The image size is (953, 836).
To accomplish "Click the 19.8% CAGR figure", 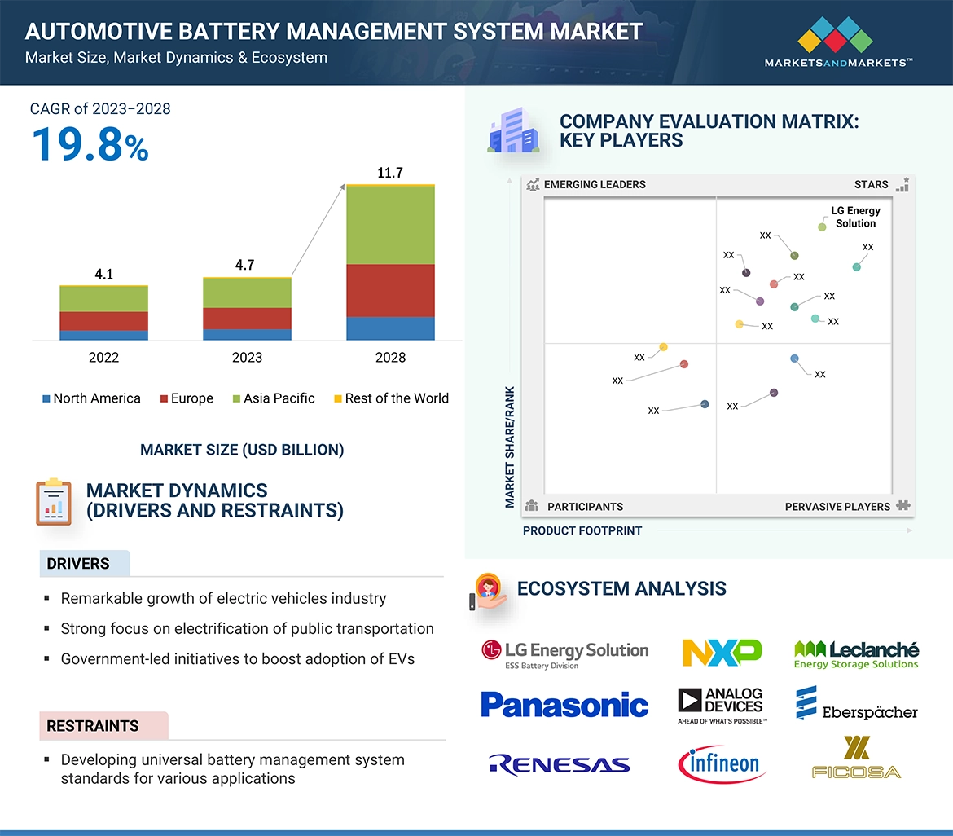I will (90, 144).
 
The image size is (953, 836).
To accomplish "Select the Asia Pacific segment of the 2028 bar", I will (390, 225).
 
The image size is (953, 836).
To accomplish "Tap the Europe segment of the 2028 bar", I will (390, 290).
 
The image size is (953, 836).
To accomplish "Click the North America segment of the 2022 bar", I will (103, 335).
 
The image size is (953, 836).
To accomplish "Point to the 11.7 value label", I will (390, 173).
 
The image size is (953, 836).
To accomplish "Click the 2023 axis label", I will (247, 357).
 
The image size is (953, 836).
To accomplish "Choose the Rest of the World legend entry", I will (391, 398).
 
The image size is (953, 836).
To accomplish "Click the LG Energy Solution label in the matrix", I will (855, 217).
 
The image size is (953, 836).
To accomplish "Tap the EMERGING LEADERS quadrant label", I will (594, 185).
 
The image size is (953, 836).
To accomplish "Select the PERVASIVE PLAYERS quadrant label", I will (837, 507).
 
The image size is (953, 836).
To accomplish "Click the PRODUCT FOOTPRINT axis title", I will (582, 530).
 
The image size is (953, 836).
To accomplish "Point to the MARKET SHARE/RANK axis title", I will (511, 447).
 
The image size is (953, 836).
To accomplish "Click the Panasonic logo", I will (564, 705).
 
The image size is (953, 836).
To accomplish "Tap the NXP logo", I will (722, 653).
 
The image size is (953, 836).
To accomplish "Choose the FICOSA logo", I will (856, 758).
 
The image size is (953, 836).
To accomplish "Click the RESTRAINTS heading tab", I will (93, 726).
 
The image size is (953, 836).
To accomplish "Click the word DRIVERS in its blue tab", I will (78, 564).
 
